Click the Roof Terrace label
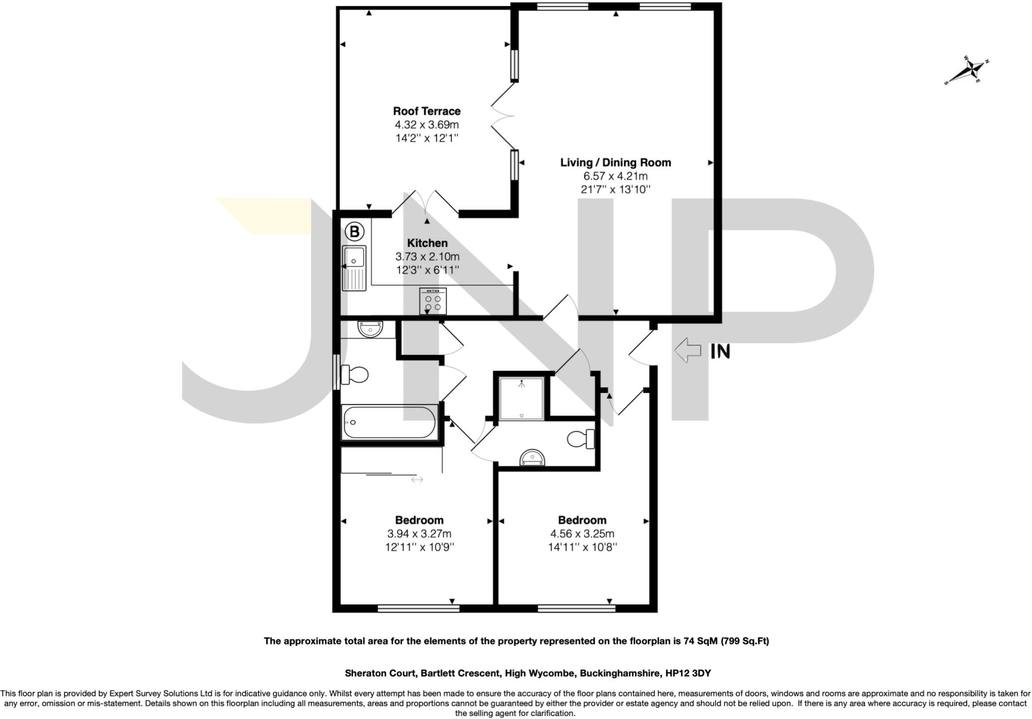click(426, 111)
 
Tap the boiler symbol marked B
click(354, 232)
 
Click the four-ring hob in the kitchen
click(433, 301)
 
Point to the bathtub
click(389, 423)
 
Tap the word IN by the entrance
click(720, 351)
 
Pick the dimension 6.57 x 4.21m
click(615, 176)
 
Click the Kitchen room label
click(427, 243)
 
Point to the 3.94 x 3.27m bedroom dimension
click(419, 534)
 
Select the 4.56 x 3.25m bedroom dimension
click(582, 534)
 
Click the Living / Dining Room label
click(615, 162)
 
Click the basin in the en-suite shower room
click(533, 457)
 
